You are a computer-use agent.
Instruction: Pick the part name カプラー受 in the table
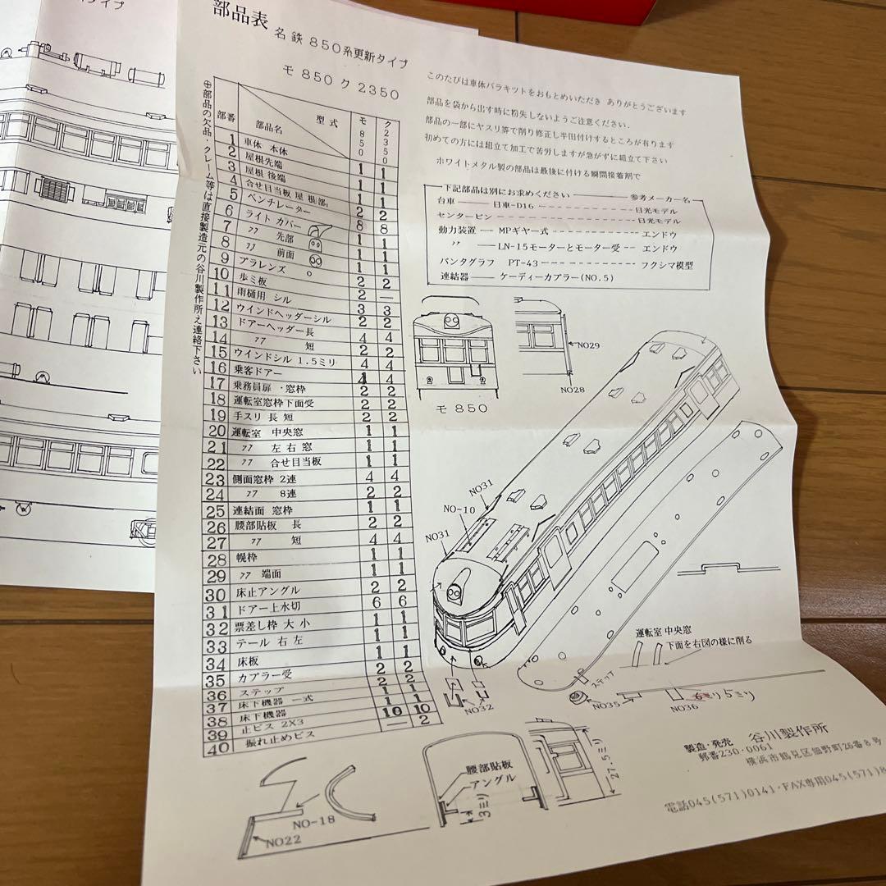260,680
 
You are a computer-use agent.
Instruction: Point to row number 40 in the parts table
216,749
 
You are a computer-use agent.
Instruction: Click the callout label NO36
686,705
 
